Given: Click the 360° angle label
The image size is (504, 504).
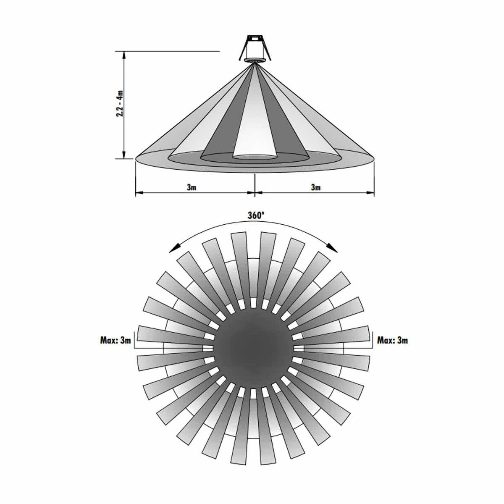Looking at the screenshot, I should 255,215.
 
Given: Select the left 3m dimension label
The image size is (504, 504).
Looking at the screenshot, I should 192,187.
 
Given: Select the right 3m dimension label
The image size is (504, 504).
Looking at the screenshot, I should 316,187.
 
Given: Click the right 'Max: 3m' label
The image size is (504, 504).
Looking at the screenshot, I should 392,340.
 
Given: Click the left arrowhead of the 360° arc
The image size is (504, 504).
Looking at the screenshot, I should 172,249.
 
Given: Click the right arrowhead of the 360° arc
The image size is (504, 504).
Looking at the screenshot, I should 334,249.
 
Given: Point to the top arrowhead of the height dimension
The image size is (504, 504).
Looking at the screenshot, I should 124,55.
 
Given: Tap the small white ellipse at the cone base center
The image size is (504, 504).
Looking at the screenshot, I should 255,157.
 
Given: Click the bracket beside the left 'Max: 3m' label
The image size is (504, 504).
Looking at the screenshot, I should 134,341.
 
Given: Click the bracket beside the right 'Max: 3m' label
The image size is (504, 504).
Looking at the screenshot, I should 373,341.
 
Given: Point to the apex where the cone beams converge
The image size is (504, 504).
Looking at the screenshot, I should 255,64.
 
